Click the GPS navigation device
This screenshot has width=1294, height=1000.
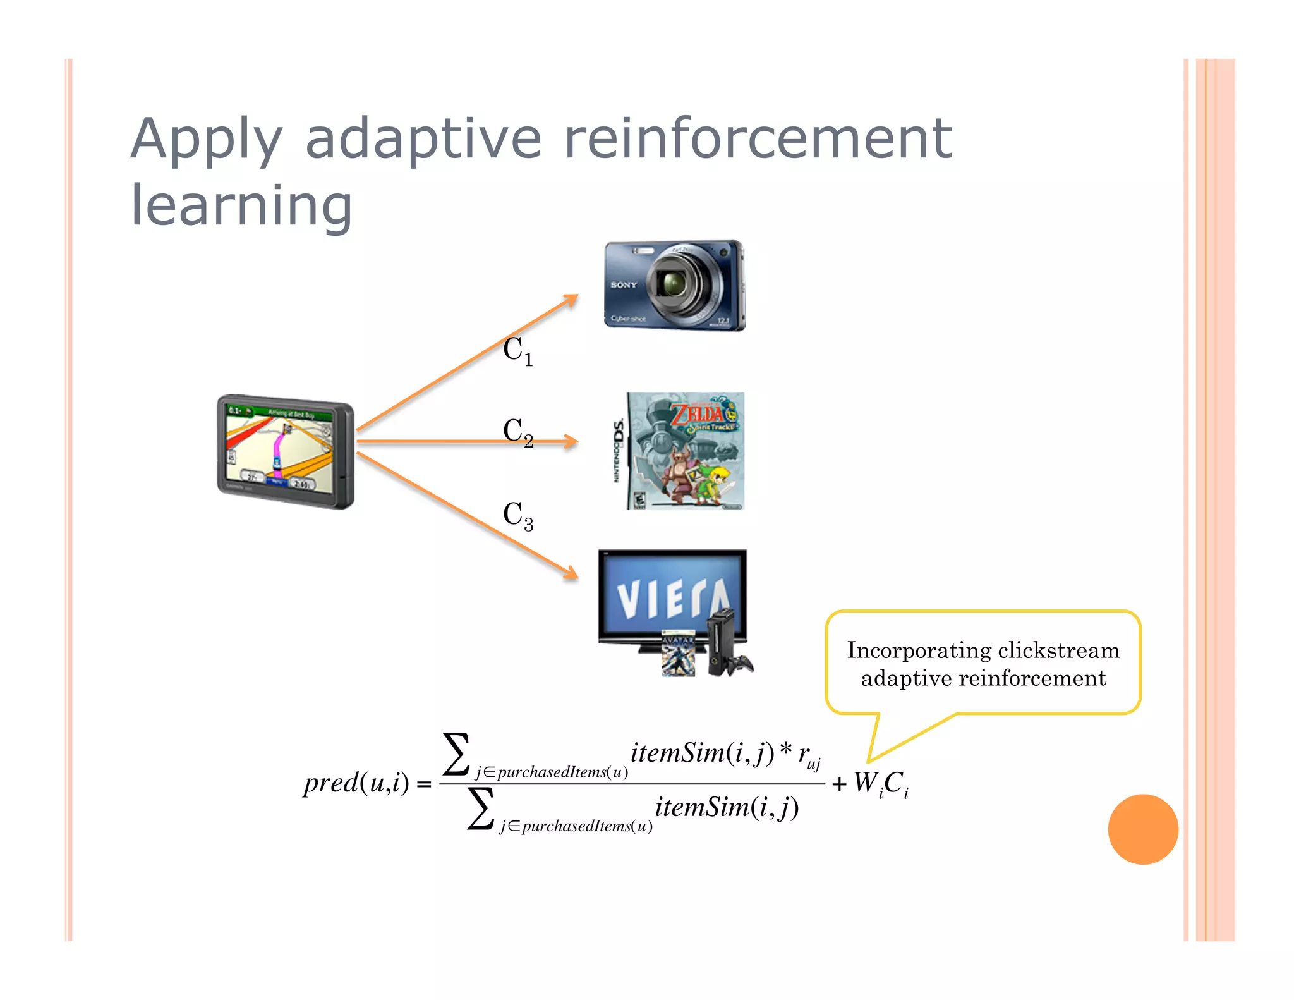[286, 452]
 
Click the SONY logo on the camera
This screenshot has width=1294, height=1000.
[623, 285]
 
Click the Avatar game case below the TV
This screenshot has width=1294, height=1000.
[678, 654]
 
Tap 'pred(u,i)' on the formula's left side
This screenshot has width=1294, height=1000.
[356, 783]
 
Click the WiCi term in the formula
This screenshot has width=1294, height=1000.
[881, 784]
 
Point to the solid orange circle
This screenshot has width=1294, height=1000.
[1142, 829]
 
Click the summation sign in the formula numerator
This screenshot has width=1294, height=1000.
[456, 754]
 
